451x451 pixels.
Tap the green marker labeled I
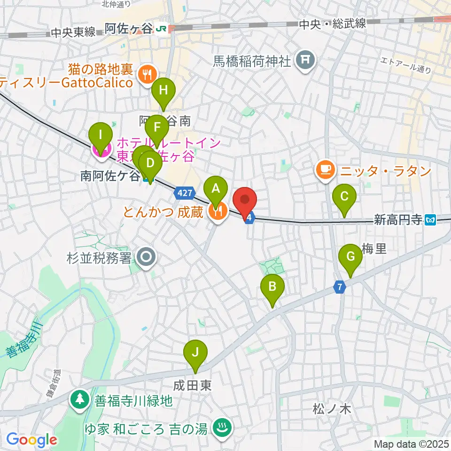(100, 137)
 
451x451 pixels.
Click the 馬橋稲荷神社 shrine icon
(305, 60)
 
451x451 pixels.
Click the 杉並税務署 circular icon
(146, 257)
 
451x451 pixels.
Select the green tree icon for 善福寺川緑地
(80, 400)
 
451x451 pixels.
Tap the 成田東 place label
(192, 386)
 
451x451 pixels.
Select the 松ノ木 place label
(332, 409)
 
